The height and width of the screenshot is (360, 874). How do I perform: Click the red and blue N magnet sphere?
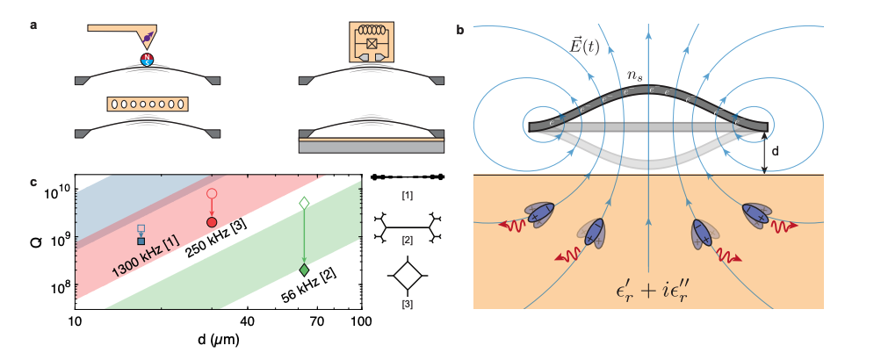click(148, 60)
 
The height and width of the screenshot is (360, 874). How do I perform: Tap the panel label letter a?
click(33, 25)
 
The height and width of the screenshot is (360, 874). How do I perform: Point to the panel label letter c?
click(33, 183)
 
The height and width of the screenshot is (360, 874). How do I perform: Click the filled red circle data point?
click(211, 222)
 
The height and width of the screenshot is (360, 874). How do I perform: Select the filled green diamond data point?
click(304, 270)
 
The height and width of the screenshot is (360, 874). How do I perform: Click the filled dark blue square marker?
click(141, 241)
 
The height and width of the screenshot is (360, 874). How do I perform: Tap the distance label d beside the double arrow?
click(775, 151)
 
